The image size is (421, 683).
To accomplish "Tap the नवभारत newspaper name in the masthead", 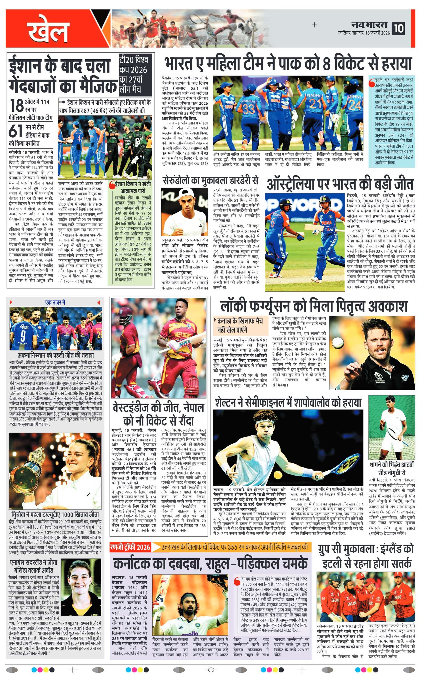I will coord(369,25).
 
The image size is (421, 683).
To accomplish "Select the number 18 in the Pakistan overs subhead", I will coord(16,105).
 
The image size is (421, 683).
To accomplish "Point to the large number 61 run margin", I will coord(15,131).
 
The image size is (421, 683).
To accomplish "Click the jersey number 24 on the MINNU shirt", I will coord(354,105).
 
